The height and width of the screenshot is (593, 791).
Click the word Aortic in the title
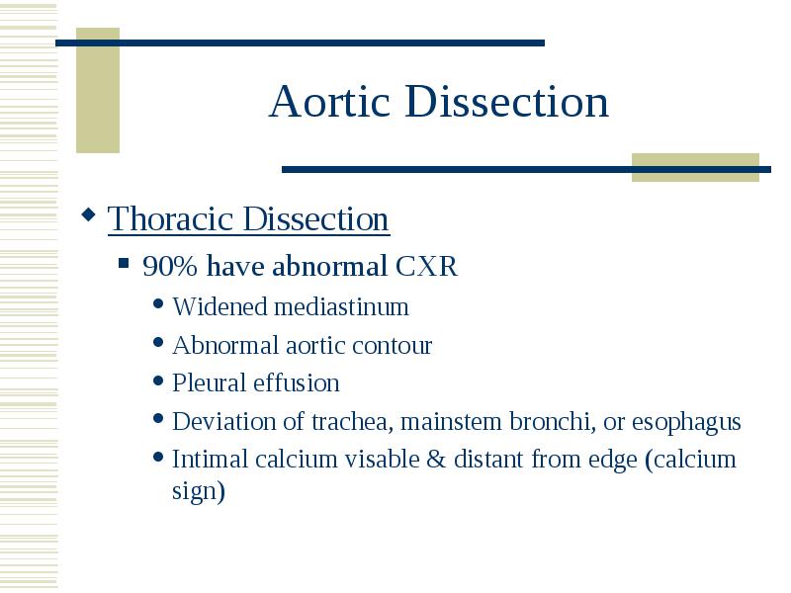pos(330,102)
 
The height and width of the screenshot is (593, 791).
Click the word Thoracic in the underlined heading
pos(170,218)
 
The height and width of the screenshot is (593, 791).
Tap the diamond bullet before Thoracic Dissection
pos(88,214)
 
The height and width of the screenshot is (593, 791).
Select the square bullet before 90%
pos(124,263)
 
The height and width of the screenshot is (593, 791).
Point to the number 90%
pos(169,266)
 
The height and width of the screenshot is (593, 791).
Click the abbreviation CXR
pos(426,266)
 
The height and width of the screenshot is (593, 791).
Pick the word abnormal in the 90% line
pos(329,266)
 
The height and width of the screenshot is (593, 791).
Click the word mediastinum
pos(341,306)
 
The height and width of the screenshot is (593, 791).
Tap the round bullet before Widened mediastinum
pos(158,303)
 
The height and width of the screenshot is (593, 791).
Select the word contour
pos(392,346)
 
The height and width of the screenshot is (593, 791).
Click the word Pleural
pos(209,382)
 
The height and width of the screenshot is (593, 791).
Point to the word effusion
pos(297,382)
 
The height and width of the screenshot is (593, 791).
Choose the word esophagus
pos(686,423)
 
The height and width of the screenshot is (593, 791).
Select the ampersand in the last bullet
pos(436,460)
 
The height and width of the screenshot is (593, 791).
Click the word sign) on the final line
pos(199,490)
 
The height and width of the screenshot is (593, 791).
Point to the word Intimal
pos(210,460)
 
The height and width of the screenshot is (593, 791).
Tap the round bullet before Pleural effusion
pos(158,381)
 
